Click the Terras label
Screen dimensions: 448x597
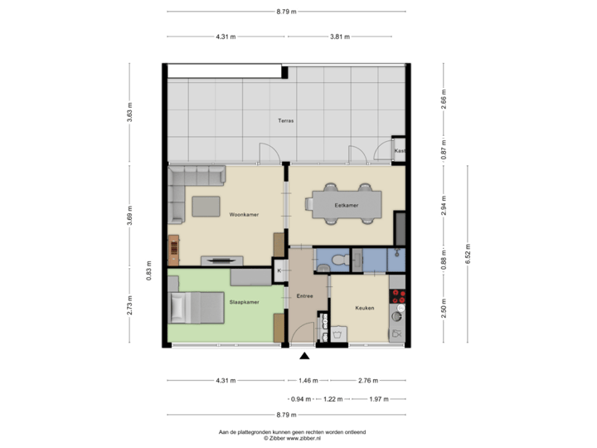click(286, 121)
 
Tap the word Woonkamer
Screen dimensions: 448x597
click(245, 214)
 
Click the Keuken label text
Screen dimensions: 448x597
click(364, 308)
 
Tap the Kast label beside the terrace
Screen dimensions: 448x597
click(400, 151)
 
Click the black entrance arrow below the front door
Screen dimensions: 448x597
click(304, 357)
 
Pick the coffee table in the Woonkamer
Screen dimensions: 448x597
click(206, 205)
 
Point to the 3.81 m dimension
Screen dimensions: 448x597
click(340, 37)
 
